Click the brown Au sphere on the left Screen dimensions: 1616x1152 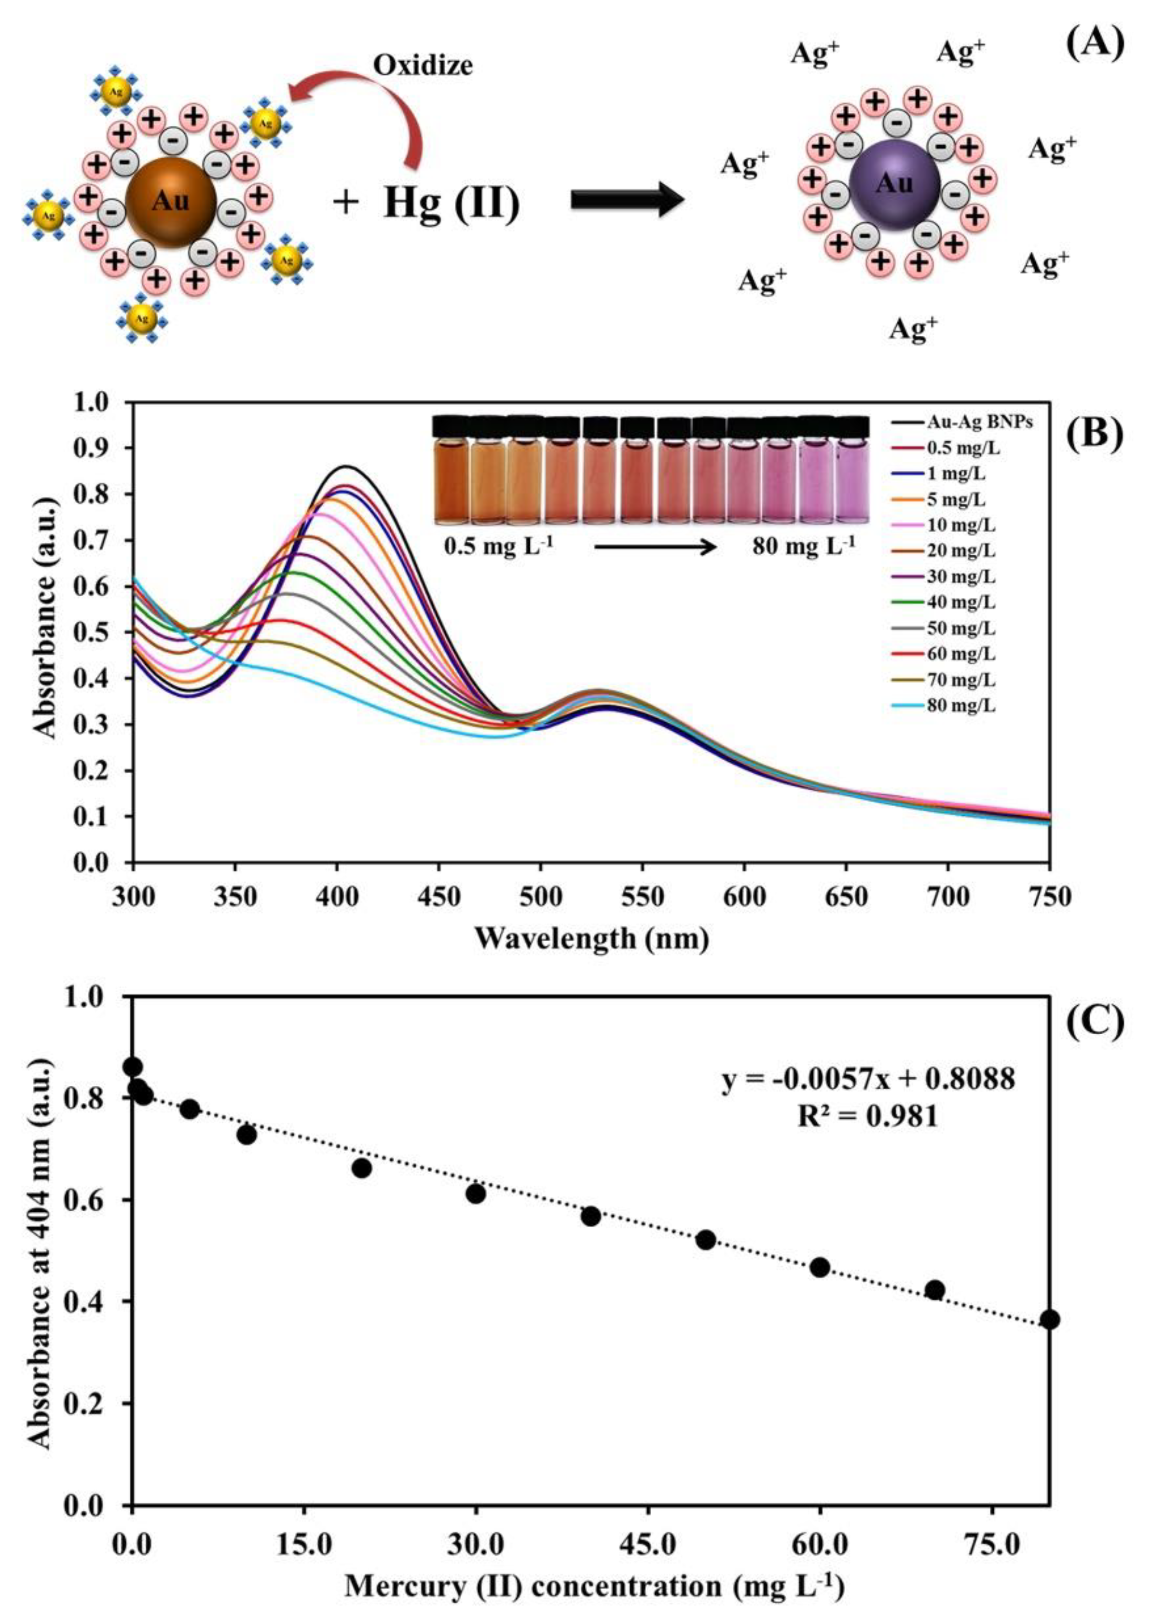point(171,202)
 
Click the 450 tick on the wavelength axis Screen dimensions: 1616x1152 point(439,897)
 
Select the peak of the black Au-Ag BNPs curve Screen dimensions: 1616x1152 point(345,466)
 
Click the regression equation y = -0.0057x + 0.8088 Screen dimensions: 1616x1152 point(869,1080)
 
